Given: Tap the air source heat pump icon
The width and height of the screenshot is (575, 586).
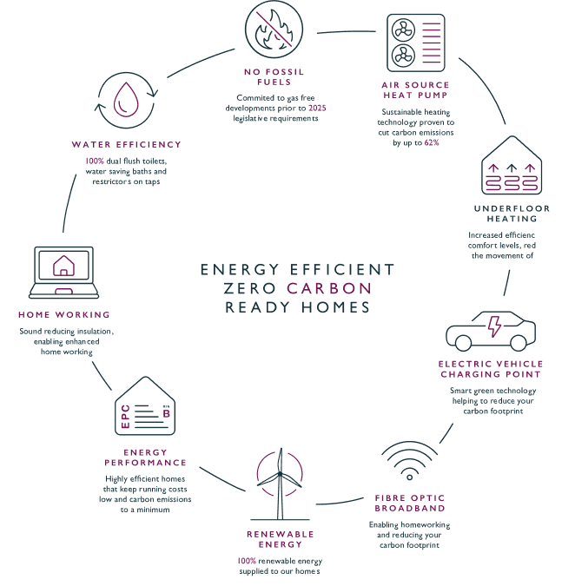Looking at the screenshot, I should point(415,43).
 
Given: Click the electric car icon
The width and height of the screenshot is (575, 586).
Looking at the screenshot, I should point(490,331).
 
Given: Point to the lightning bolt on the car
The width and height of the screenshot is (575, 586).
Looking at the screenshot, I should point(494,326).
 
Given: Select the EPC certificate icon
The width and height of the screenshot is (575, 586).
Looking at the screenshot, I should point(145,407).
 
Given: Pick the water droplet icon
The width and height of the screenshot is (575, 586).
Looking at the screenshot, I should point(126,97).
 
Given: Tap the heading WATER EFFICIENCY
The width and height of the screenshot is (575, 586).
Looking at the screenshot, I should point(127,144).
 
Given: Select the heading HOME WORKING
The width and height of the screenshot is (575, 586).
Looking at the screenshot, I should point(64,314).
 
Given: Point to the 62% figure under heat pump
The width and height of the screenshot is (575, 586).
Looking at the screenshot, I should point(431,142).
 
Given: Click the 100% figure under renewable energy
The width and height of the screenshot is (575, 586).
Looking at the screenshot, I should point(246,561).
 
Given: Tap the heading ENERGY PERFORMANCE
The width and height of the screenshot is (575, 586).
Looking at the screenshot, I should point(145,458).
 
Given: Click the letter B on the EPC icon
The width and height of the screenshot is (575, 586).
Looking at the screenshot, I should point(166,414).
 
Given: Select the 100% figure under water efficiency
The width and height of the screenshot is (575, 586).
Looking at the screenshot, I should point(94,161).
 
